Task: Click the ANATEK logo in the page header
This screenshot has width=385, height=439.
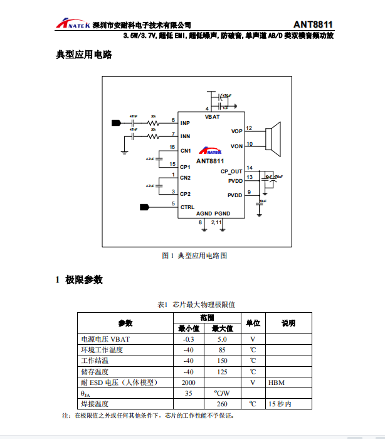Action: click(71, 24)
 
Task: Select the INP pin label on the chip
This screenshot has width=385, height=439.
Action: click(185, 123)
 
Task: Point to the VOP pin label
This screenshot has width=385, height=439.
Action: click(236, 131)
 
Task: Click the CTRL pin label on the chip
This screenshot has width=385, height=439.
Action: click(187, 207)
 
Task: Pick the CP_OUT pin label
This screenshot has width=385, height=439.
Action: click(231, 171)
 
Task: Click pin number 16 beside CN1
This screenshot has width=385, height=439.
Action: click(172, 147)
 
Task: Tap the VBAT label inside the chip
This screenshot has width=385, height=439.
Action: click(212, 117)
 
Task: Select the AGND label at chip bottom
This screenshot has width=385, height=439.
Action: click(204, 214)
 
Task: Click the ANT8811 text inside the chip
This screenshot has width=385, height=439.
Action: click(210, 161)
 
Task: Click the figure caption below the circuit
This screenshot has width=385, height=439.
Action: click(194, 256)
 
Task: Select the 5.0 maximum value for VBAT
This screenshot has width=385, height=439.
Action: click(222, 339)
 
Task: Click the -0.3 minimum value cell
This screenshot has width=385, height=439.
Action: click(188, 339)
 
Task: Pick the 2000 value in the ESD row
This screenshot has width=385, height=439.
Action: click(188, 382)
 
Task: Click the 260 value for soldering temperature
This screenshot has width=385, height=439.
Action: click(222, 404)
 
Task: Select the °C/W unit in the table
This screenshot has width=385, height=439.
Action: click(222, 393)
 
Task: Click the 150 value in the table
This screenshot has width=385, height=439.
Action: click(222, 360)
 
